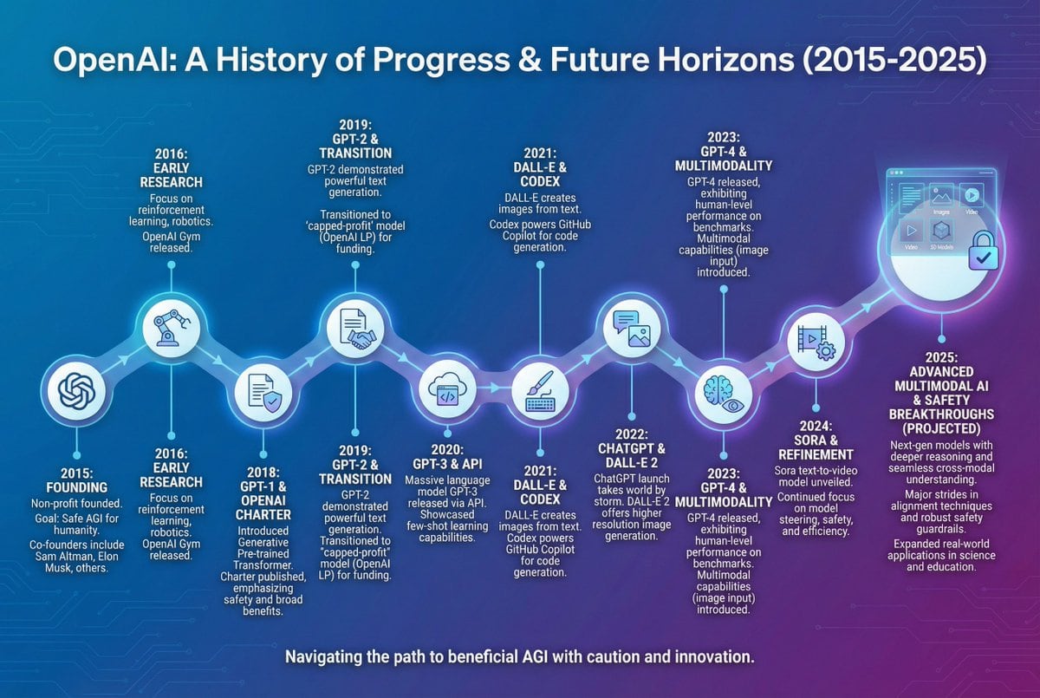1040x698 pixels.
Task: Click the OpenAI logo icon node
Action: (76, 392)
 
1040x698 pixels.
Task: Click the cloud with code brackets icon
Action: (447, 392)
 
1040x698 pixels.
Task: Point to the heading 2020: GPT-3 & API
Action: (447, 457)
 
